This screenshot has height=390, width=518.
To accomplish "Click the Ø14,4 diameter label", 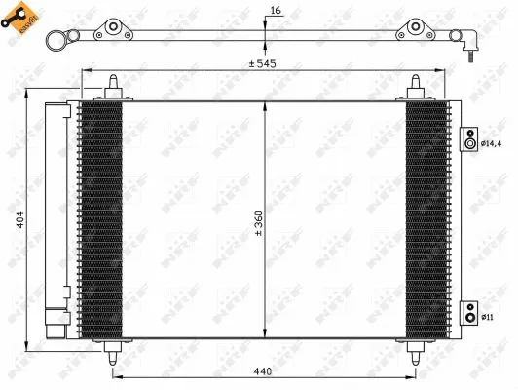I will click(495, 144).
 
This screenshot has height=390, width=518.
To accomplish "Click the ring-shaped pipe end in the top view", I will click(56, 37).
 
